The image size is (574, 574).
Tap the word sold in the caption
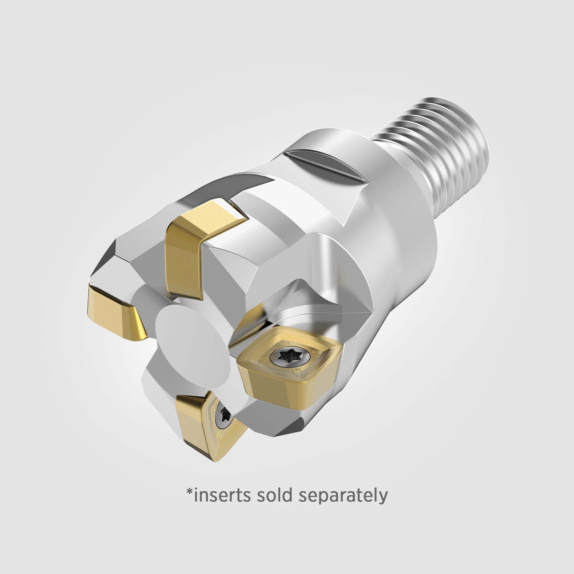coord(276,495)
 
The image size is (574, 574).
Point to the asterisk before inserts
coord(188,491)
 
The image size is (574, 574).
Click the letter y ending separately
coord(383,497)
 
